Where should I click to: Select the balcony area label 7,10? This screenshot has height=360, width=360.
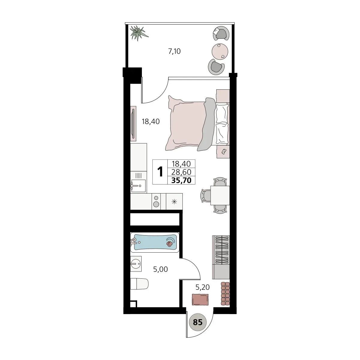pyautogui.click(x=174, y=51)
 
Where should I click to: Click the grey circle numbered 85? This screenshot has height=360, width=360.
pyautogui.click(x=198, y=322)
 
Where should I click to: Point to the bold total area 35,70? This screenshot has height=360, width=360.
pyautogui.click(x=181, y=180)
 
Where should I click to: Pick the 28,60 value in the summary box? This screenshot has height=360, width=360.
pyautogui.click(x=181, y=172)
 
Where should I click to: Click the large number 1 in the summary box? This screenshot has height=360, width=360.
pyautogui.click(x=160, y=172)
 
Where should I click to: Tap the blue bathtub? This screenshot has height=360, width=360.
pyautogui.click(x=155, y=242)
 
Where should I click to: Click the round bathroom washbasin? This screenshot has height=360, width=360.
pyautogui.click(x=136, y=264)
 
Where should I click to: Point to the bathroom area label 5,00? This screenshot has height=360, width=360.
pyautogui.click(x=160, y=269)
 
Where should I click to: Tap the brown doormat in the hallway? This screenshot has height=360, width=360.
pyautogui.click(x=200, y=305)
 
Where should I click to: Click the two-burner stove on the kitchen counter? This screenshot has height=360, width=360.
pyautogui.click(x=156, y=201)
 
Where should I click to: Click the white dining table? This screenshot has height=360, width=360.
pyautogui.click(x=220, y=195)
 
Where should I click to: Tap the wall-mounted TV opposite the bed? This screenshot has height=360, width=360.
pyautogui.click(x=133, y=124)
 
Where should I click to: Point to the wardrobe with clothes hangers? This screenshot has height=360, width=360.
pyautogui.click(x=221, y=257)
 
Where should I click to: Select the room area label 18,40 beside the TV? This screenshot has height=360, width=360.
pyautogui.click(x=151, y=121)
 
